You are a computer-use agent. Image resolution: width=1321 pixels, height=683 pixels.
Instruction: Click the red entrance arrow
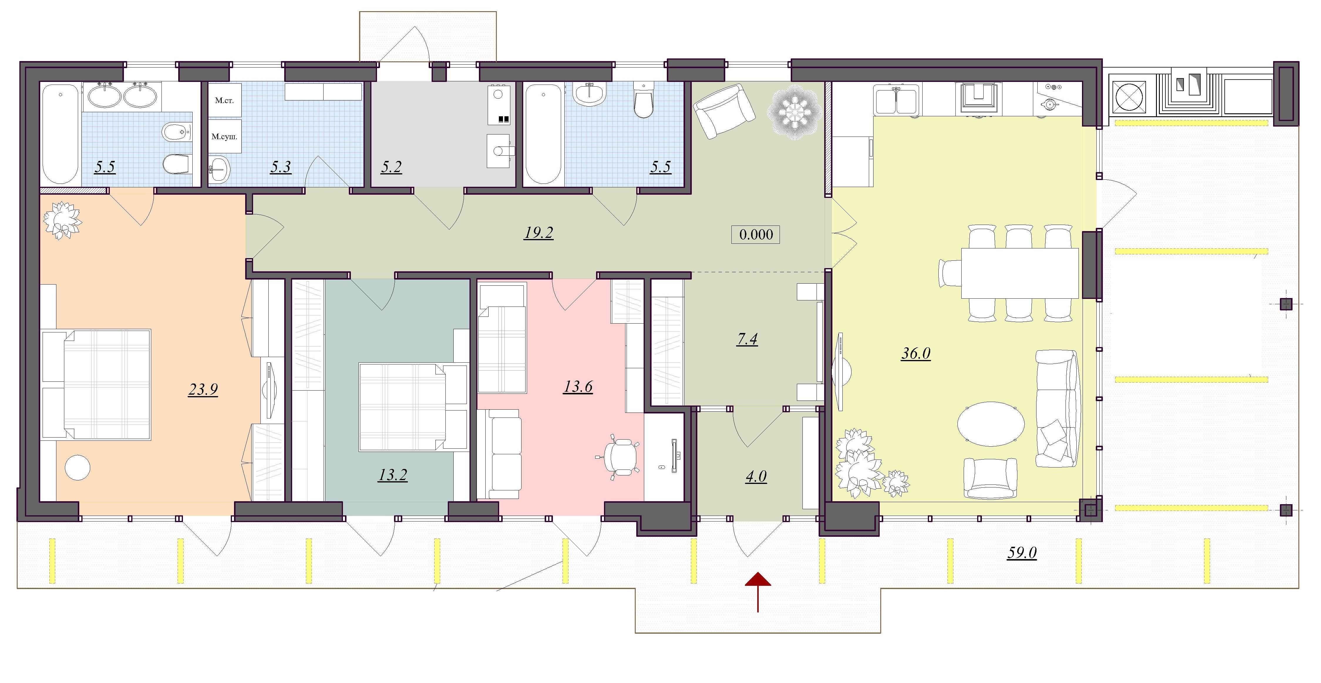pos(758,592)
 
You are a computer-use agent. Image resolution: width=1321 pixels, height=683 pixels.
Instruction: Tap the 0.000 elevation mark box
pos(755,234)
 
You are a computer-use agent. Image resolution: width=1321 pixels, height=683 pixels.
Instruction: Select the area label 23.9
pos(203,390)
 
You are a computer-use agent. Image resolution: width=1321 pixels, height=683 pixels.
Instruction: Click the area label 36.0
pos(916,353)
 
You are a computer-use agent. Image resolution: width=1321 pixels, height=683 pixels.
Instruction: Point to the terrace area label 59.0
pos(1022,553)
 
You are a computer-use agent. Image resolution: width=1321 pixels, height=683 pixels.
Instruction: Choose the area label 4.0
pos(756,476)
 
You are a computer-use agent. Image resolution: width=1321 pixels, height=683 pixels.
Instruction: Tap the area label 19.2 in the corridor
pos(539,233)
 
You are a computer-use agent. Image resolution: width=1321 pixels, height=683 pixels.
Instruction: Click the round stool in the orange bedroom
pos(78,468)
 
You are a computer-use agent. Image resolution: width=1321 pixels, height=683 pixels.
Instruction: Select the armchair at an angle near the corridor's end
pos(723,111)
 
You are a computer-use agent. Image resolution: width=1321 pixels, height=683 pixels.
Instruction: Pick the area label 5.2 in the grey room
pos(391,167)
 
